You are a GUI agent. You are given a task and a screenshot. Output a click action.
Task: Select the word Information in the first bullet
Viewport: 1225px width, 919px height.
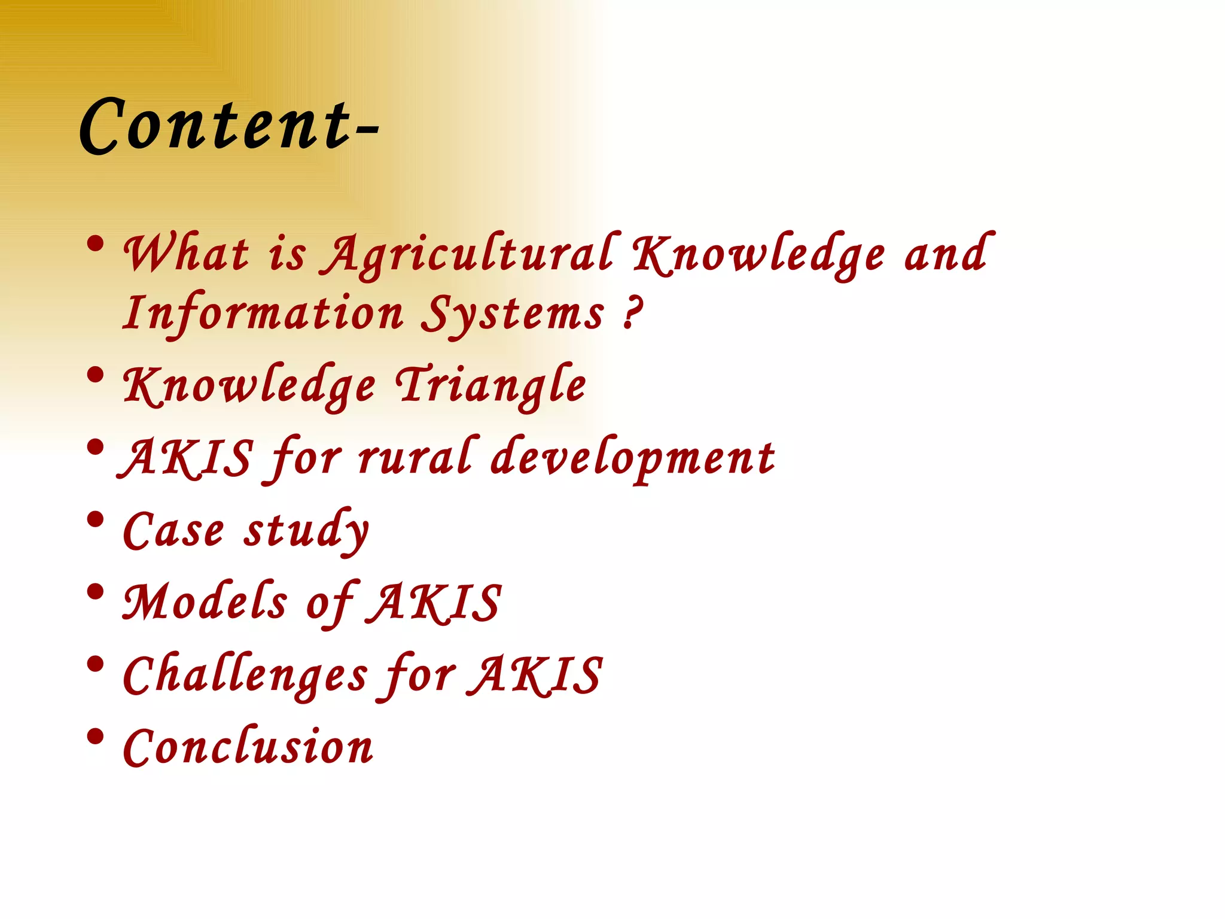point(263,314)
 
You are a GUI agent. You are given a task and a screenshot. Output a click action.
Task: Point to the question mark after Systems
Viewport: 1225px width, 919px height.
point(632,312)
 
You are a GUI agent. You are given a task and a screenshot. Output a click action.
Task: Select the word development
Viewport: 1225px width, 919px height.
point(633,458)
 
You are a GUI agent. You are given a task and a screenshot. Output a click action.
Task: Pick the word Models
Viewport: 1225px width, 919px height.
point(205,602)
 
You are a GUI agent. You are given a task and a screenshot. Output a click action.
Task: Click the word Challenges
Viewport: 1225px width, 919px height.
point(245,675)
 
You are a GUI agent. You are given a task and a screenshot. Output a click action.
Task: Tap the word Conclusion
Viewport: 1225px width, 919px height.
point(248,747)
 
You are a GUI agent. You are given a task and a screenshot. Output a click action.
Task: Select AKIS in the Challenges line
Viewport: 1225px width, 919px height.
point(535,675)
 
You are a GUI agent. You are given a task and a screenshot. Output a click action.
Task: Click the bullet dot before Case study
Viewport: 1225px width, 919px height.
point(95,519)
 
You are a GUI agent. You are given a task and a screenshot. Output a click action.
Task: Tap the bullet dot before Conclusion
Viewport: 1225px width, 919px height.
point(95,737)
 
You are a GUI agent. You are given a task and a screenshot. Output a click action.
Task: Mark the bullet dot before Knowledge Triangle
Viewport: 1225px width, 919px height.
point(95,375)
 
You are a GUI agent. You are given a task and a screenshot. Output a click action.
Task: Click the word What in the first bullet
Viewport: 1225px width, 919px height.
point(185,254)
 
